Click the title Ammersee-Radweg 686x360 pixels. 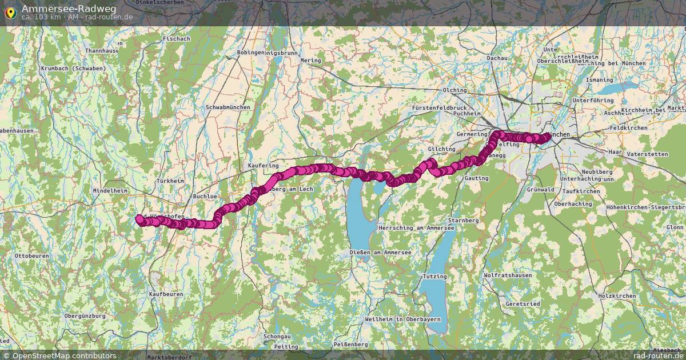pos(69,8)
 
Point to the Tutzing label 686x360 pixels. pos(434,276)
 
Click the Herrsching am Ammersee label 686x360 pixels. pos(416,228)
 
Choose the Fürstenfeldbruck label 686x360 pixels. pos(439,107)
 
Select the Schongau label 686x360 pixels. pos(277,337)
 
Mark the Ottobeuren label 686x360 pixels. pos(31,255)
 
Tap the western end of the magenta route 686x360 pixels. pos(139,218)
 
